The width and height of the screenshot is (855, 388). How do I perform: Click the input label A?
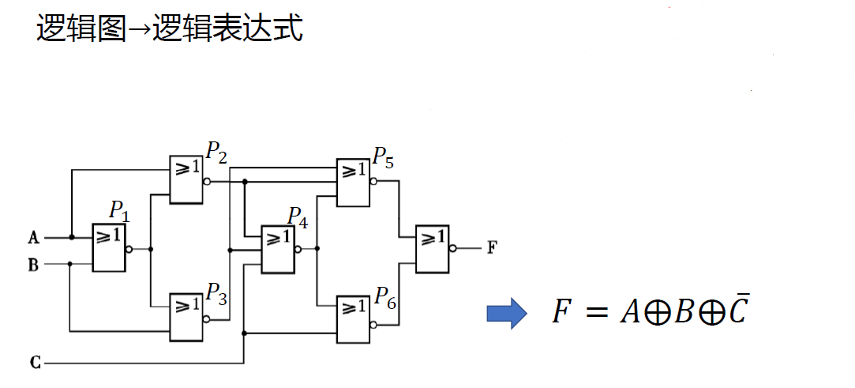[x=33, y=237]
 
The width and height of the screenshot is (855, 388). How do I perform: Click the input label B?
[x=33, y=265]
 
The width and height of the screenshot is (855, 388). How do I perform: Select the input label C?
[x=34, y=364]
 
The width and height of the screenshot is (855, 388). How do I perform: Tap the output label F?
[x=492, y=248]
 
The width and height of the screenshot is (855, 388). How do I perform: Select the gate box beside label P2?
[x=186, y=179]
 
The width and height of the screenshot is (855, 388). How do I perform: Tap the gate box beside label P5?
[x=352, y=182]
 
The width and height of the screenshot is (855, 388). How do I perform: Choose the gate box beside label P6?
[x=352, y=318]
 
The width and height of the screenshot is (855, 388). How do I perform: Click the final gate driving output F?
[x=432, y=248]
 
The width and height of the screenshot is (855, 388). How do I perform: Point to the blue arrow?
[x=506, y=314]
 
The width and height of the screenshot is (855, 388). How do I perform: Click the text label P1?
[x=118, y=211]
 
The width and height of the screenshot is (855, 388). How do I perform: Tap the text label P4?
[x=297, y=216]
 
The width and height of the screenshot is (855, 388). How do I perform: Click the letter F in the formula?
[x=561, y=313]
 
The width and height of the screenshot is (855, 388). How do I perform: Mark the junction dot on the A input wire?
[x=72, y=237]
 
